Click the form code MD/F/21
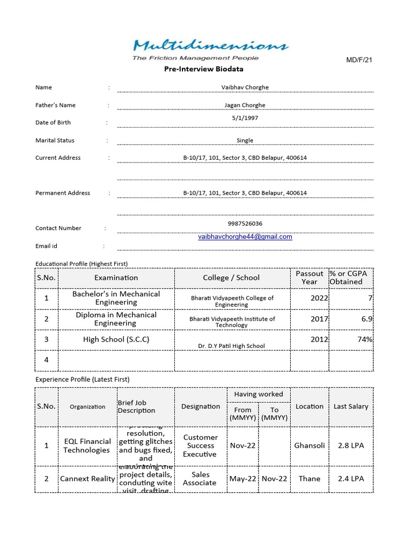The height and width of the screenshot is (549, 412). pyautogui.click(x=359, y=60)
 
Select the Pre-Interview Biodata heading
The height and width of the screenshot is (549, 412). pyautogui.click(x=203, y=69)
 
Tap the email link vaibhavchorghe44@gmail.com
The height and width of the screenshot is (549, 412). pyautogui.click(x=245, y=236)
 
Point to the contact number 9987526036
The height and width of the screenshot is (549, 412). pyautogui.click(x=245, y=224)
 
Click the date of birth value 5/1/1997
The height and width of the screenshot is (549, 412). pyautogui.click(x=245, y=117)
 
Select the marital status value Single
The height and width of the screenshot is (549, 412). pyautogui.click(x=245, y=140)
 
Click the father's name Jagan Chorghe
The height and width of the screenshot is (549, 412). pyautogui.click(x=245, y=105)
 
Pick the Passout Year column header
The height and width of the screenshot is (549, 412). pyautogui.click(x=310, y=278)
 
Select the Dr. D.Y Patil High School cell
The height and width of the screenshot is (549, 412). pyautogui.click(x=231, y=346)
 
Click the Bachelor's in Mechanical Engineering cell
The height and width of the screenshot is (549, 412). pyautogui.click(x=116, y=298)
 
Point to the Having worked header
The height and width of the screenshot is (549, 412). pyautogui.click(x=259, y=394)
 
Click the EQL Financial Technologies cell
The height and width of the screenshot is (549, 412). pyautogui.click(x=87, y=446)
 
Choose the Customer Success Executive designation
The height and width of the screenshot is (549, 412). pyautogui.click(x=200, y=446)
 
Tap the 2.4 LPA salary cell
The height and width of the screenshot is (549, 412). pyautogui.click(x=351, y=479)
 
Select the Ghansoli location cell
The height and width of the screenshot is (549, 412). pyautogui.click(x=310, y=446)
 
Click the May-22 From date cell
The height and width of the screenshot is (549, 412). pyautogui.click(x=243, y=479)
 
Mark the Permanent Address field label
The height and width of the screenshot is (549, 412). pyautogui.click(x=63, y=193)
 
